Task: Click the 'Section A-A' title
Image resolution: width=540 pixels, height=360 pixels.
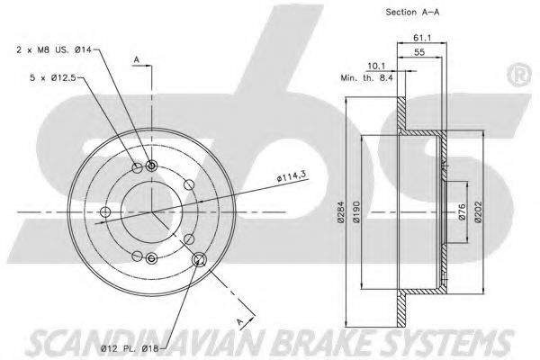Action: [412, 13]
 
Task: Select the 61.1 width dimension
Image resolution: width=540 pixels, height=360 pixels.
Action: [422, 38]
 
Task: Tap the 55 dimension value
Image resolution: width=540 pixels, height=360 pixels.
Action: [419, 52]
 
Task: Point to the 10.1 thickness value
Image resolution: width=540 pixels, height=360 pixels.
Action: [376, 66]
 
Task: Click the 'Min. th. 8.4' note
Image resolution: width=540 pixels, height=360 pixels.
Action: [366, 78]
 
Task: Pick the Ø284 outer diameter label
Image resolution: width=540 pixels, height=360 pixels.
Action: [341, 212]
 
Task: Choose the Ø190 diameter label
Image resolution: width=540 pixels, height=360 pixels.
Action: [356, 212]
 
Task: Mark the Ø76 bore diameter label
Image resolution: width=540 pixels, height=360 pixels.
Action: [462, 212]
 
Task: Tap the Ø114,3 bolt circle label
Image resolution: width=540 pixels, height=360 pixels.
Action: [292, 177]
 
